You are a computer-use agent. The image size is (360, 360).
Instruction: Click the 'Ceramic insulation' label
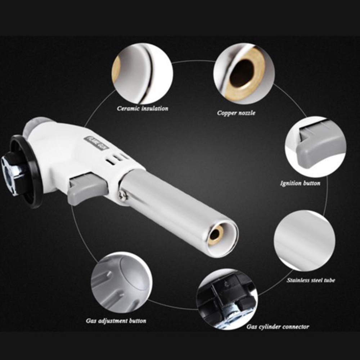143,108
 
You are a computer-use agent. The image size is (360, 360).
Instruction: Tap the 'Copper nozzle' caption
236,113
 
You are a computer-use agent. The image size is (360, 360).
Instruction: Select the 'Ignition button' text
300,183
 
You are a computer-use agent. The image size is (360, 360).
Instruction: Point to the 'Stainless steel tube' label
311,280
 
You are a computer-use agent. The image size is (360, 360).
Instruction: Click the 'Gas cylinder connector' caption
278,327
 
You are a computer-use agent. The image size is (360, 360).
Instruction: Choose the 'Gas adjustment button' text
116,321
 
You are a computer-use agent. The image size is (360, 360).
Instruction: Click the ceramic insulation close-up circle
142,73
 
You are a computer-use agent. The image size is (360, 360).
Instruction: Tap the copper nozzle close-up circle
244,74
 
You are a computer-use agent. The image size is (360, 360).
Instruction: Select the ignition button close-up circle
316,147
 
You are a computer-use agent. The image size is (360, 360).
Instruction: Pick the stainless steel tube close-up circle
305,241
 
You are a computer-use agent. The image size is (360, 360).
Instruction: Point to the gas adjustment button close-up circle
122,282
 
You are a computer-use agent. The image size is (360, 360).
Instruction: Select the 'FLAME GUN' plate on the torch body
96,143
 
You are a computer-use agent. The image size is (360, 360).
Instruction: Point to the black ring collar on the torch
25,171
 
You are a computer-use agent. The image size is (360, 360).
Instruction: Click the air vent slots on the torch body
116,159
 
